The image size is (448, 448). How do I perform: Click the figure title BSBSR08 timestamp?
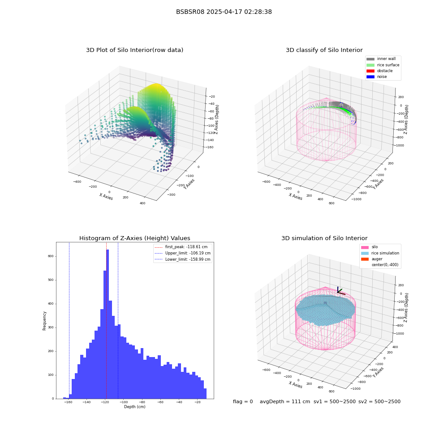coord(224,12)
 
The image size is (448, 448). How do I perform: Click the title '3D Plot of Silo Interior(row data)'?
coord(134,50)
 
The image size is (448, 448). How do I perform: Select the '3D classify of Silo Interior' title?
coord(324,50)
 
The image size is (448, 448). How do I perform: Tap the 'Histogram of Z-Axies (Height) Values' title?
coord(134,238)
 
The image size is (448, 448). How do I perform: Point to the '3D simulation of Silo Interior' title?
coord(324,238)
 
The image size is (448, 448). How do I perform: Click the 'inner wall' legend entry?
coord(381,59)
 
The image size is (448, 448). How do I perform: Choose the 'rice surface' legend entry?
coord(383,65)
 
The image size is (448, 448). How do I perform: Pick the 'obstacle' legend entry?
coord(379,71)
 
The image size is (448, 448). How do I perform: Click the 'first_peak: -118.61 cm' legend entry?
coord(181,247)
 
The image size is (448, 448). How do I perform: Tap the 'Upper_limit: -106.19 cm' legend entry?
coord(183,253)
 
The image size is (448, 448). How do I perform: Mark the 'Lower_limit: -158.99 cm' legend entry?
coord(183,259)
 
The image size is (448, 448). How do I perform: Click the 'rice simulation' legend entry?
coord(380,253)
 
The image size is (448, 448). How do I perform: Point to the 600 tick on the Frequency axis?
coord(51,256)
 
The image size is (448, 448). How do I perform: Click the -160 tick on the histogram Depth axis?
coord(68,402)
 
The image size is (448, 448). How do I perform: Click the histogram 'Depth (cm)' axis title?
coord(134,407)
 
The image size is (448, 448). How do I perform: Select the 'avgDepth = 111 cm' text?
coord(285,401)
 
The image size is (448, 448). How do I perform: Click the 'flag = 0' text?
coord(243,401)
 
